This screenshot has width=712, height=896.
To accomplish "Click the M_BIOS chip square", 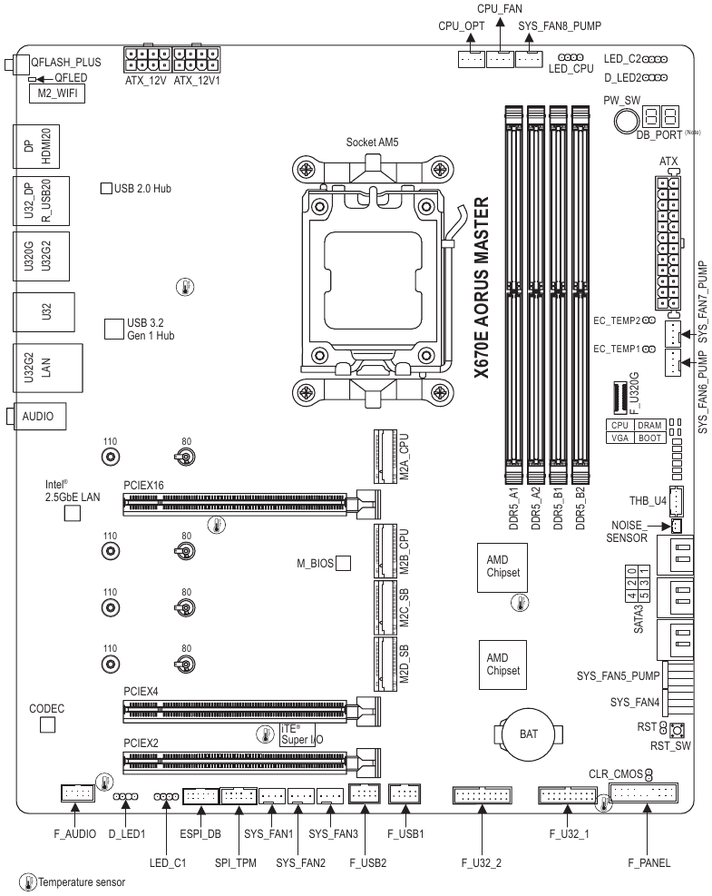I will (x=344, y=565).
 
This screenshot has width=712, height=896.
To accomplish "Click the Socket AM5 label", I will (x=373, y=143).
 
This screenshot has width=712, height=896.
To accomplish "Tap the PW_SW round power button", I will (x=625, y=121).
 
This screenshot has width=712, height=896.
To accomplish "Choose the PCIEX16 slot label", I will (x=143, y=486).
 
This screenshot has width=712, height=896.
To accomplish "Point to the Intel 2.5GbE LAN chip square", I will (x=73, y=514).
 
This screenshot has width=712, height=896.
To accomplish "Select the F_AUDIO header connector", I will (x=76, y=795).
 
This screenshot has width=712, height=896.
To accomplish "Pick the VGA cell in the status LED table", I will (x=619, y=437).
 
